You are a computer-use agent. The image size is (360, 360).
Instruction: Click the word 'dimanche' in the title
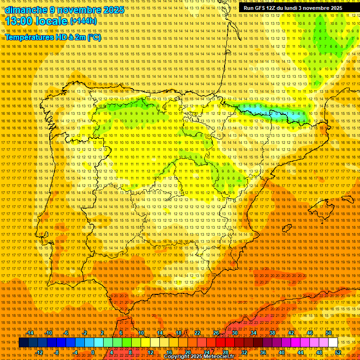pyautogui.click(x=26, y=10)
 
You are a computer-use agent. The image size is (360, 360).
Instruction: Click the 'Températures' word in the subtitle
pyautogui.click(x=28, y=37)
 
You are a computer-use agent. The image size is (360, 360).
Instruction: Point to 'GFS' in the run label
pyautogui.click(x=262, y=8)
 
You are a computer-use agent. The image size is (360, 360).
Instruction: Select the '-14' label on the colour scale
pyautogui.click(x=31, y=333)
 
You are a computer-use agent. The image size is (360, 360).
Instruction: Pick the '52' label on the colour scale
pyautogui.click(x=337, y=352)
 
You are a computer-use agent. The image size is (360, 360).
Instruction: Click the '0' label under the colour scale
pyautogui.click(x=93, y=352)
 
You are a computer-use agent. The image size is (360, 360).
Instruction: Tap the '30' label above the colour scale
pyautogui.click(x=234, y=333)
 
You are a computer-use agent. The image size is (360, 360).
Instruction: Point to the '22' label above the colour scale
pyautogui.click(x=197, y=333)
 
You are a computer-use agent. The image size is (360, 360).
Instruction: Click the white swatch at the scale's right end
pyautogui.click(x=333, y=343)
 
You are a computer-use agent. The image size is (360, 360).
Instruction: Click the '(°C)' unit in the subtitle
pyautogui.click(x=94, y=37)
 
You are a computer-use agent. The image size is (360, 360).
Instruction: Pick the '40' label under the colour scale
pyautogui.click(x=281, y=352)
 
